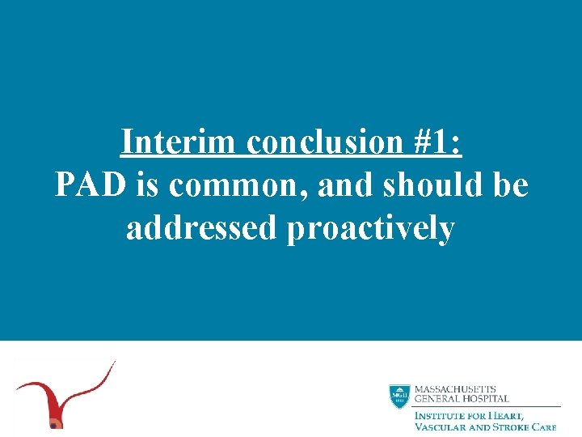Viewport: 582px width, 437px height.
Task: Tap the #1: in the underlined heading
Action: click(435, 142)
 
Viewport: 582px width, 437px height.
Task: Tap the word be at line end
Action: click(509, 185)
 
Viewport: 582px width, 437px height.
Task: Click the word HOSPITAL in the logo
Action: click(484, 399)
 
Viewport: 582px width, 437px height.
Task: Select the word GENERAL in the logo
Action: click(436, 399)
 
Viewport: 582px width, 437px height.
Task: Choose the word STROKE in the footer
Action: click(514, 426)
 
